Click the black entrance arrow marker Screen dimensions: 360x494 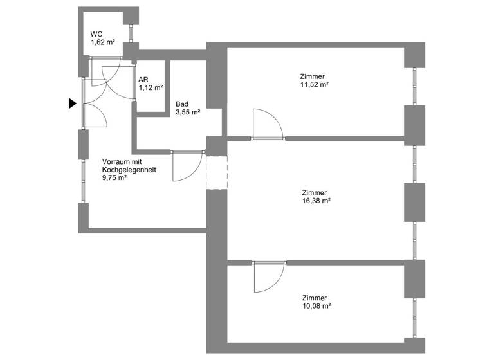tap(73, 103)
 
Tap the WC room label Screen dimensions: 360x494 tap(96, 34)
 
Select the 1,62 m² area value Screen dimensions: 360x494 tap(103, 42)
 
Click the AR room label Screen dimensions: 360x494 tap(143, 80)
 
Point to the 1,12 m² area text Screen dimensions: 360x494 tap(151, 88)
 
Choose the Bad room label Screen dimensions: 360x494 tap(182, 104)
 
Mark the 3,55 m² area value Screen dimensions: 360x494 tap(188, 112)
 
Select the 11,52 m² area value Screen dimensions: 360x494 tap(315, 84)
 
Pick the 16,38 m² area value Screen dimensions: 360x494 tap(316, 200)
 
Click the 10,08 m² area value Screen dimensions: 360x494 tap(316, 306)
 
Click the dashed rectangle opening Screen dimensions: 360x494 tap(217, 172)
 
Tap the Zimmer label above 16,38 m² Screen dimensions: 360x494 tap(315, 192)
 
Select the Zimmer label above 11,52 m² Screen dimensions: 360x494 tap(312, 76)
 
